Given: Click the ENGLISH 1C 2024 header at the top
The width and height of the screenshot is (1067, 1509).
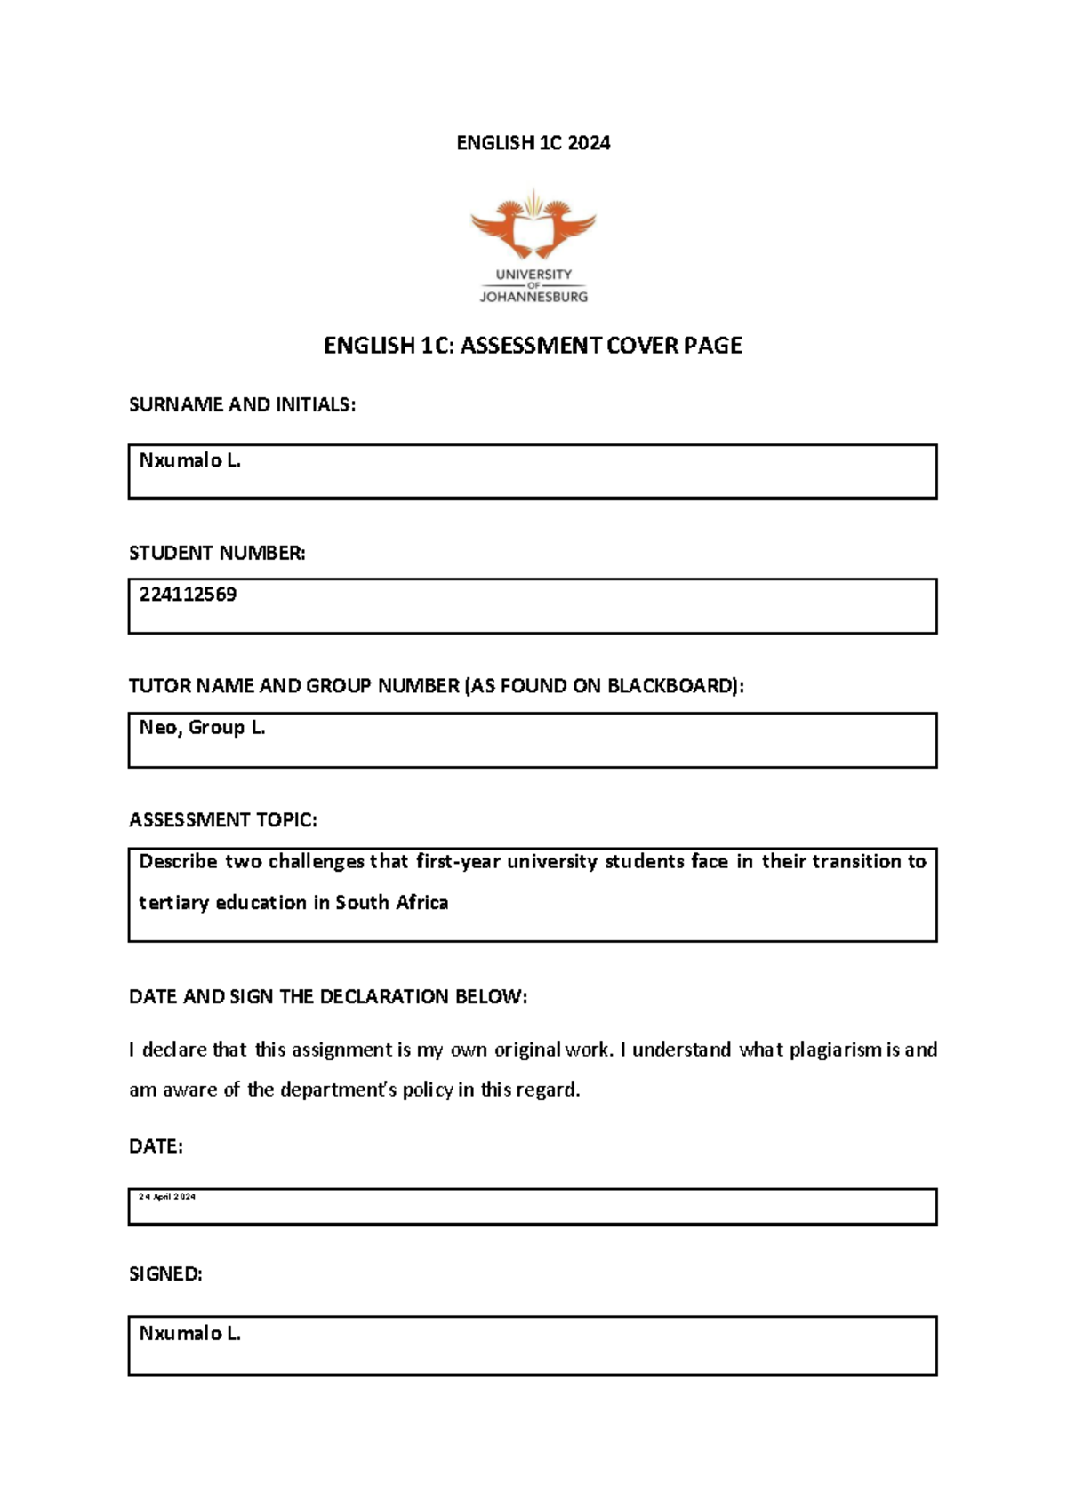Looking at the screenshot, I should (533, 143).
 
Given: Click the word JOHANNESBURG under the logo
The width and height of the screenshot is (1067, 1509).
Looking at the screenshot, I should (533, 297).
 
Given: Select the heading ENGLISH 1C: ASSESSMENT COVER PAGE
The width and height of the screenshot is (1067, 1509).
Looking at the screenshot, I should (533, 346).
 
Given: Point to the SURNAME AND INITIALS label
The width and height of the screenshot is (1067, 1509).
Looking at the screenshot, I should (242, 405).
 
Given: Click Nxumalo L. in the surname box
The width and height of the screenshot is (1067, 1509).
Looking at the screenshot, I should (190, 460).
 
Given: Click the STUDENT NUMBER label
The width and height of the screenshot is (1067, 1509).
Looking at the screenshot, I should (217, 553).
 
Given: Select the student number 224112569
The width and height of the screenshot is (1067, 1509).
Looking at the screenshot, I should (188, 595).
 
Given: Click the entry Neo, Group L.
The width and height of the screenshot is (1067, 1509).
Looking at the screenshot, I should (202, 728).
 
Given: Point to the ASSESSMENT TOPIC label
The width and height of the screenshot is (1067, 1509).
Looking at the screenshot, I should (222, 820).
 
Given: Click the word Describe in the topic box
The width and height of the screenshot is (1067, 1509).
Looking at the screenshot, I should (178, 861).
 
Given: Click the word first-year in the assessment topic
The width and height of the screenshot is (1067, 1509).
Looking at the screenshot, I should (458, 861).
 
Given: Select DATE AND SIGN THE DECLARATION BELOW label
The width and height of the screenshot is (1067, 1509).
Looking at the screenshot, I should (328, 997).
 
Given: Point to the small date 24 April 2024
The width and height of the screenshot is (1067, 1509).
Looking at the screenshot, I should (167, 1197).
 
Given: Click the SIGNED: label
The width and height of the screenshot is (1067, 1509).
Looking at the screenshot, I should (165, 1274).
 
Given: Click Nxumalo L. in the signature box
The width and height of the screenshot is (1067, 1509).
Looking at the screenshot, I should (190, 1334).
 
